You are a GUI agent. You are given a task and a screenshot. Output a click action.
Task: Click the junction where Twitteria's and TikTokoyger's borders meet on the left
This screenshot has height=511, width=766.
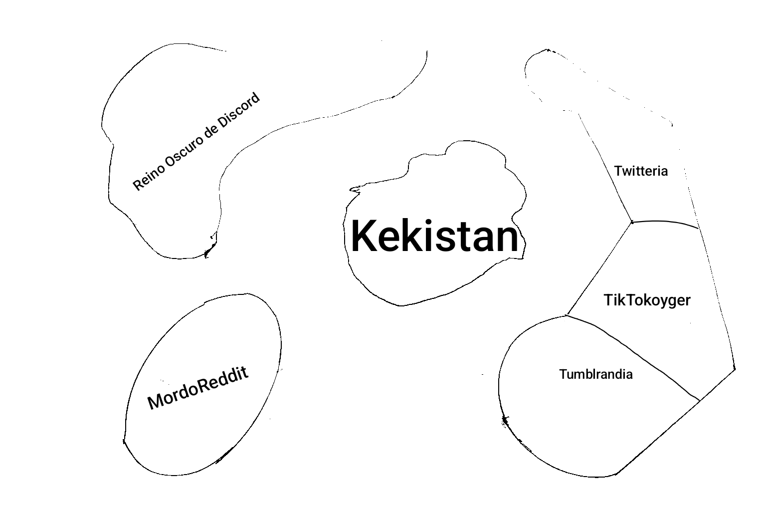pos(632,222)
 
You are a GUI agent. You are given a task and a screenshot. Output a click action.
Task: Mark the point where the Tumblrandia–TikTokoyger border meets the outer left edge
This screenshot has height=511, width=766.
pos(567,315)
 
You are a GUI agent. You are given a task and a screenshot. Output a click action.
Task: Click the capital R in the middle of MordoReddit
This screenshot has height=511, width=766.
pos(204,385)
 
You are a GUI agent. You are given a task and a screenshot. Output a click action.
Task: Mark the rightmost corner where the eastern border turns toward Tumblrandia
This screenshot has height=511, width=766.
pos(735,369)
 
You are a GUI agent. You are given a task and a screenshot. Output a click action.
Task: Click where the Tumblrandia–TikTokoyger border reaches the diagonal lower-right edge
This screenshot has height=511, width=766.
pos(700,400)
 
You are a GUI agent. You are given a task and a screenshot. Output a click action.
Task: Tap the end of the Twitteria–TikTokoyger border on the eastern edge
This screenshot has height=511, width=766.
pos(698,228)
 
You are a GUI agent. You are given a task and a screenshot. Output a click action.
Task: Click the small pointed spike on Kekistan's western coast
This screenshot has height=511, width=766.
pos(354,189)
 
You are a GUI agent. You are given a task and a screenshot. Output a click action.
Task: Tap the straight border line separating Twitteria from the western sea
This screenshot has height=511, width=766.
pos(604,167)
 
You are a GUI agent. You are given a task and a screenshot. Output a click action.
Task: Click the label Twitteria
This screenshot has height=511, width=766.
pos(641,171)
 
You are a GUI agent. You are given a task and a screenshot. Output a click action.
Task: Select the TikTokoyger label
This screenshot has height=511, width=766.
pos(647,300)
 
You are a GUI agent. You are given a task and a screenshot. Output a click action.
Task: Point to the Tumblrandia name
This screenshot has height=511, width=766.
pos(596,374)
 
